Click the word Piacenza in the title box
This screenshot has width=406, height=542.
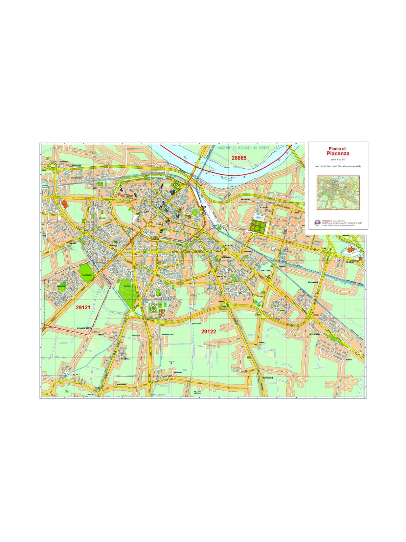pyautogui.click(x=336, y=153)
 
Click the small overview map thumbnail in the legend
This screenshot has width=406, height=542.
pyautogui.click(x=338, y=192)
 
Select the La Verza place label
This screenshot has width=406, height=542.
pyautogui.click(x=125, y=359)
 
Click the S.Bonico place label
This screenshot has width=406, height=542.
pyautogui.click(x=178, y=373)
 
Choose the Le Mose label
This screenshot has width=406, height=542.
pyautogui.click(x=349, y=262)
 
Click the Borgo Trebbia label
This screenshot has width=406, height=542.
pyautogui.click(x=76, y=178)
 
